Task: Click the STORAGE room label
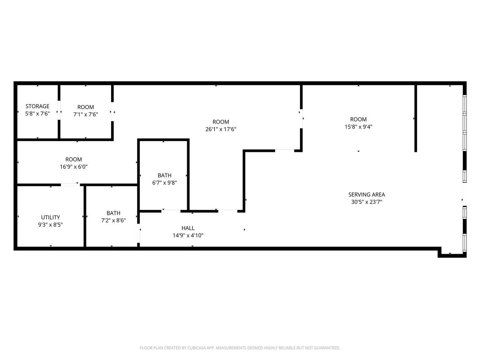[37, 106]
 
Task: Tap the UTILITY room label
[51, 217]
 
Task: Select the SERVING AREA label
[366, 195]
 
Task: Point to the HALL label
[188, 228]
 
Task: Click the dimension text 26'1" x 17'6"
[221, 129]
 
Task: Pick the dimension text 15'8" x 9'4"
[358, 127]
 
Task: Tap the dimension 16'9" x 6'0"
[74, 167]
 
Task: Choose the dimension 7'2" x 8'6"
[114, 220]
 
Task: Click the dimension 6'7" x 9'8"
[165, 183]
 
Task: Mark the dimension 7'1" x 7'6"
[86, 114]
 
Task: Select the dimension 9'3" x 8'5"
[51, 225]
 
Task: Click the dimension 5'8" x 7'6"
[37, 114]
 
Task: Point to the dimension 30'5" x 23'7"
[366, 202]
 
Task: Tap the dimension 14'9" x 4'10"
[188, 235]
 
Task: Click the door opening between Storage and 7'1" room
[59, 110]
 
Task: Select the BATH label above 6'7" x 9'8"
[165, 175]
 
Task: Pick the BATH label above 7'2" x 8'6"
[114, 213]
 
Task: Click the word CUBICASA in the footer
[196, 348]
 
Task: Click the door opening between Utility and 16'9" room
[70, 185]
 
